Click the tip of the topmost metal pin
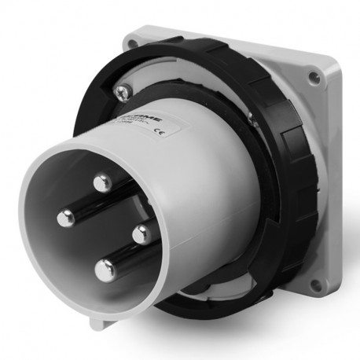point(100,184)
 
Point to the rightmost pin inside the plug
point(141,233)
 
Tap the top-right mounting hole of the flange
point(314,77)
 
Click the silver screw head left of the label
point(121,93)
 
